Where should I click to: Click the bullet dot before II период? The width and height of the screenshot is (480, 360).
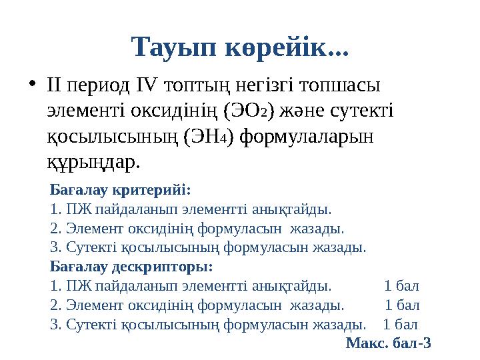click(31, 85)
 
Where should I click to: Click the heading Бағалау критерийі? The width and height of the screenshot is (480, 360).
click(120, 189)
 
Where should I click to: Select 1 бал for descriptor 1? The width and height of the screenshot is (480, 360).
click(402, 286)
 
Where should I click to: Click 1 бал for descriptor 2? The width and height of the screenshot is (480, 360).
click(403, 305)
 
